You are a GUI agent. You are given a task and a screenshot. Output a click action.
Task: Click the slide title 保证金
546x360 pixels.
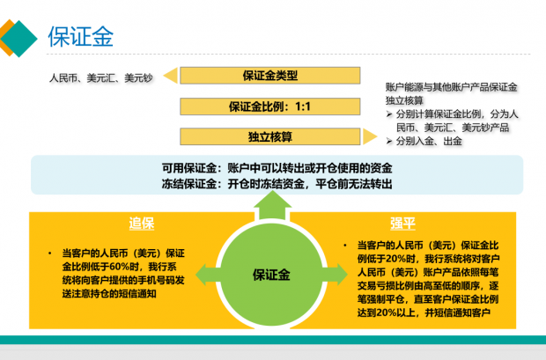(81, 37)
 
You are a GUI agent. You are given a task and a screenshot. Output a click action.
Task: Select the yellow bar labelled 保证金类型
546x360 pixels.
(269, 76)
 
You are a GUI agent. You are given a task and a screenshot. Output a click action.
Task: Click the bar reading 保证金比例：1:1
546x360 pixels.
(269, 107)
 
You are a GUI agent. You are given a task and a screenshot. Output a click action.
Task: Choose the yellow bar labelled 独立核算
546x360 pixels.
(269, 136)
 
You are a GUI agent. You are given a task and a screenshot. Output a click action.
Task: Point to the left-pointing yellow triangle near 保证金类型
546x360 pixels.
(172, 76)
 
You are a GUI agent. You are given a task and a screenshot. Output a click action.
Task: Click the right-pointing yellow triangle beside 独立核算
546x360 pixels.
(369, 136)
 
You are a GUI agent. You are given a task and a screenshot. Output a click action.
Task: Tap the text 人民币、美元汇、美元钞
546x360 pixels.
(101, 77)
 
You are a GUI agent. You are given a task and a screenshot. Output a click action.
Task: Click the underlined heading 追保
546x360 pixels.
(142, 224)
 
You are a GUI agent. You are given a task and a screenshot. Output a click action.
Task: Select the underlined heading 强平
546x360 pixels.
(402, 224)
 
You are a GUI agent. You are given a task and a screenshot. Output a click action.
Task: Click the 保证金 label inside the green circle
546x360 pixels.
(271, 275)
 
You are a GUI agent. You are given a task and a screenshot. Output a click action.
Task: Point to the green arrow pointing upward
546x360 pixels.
(272, 206)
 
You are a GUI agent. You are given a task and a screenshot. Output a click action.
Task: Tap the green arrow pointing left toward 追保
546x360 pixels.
(208, 275)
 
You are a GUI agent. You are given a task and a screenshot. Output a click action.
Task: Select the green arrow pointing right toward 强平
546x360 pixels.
(335, 275)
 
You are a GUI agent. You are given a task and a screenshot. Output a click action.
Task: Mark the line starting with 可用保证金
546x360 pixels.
(277, 168)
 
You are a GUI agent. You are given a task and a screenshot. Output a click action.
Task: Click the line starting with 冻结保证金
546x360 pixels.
(277, 183)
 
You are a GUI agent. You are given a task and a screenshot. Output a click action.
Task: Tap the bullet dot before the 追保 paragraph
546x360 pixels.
(50, 253)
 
